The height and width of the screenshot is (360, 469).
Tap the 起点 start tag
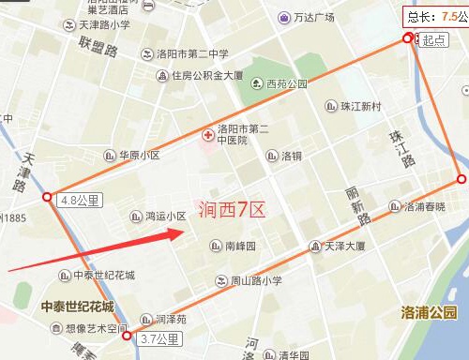433,39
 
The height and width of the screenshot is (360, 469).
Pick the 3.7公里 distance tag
159,338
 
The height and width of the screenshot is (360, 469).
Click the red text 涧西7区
232,209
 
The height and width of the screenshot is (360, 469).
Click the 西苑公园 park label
286,83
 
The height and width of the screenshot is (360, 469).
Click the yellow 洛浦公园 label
428,311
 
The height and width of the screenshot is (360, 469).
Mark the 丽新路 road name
357,203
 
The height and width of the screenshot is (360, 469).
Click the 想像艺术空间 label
96,329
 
